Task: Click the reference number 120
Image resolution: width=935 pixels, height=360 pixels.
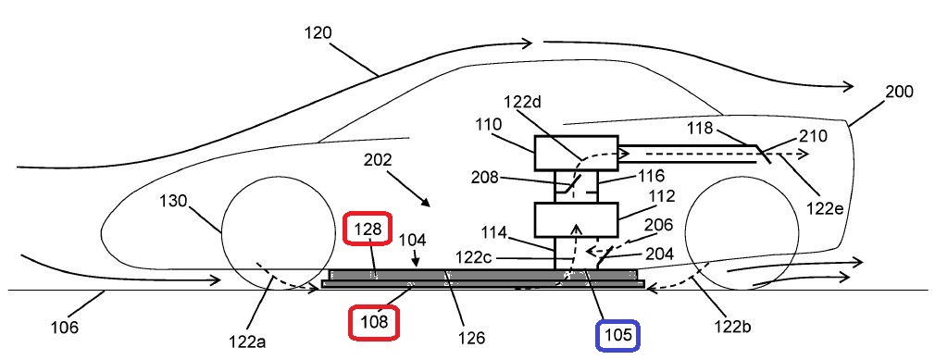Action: point(317,33)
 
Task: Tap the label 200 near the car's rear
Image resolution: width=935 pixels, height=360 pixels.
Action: point(899,92)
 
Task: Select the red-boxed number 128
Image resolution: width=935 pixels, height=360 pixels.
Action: point(367,229)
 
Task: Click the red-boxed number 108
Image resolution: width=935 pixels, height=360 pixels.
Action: point(373,322)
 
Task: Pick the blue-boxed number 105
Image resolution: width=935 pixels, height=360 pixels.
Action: point(617,335)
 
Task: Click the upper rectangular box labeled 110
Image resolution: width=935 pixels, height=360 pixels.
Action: point(576,154)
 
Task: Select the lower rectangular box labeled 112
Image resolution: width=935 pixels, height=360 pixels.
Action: point(576,220)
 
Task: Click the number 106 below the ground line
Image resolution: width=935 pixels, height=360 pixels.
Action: point(65,327)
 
